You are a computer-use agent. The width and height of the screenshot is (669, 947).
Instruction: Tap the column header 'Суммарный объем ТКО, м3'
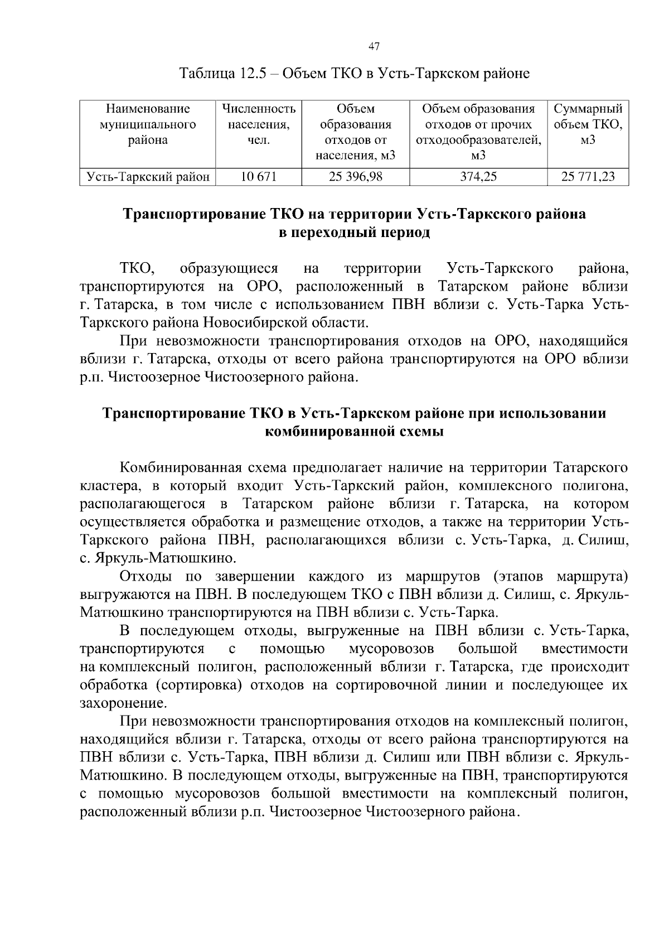click(x=588, y=124)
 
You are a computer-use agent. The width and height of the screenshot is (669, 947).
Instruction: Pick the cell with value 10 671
click(x=258, y=177)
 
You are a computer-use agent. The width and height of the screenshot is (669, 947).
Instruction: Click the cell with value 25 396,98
click(x=355, y=177)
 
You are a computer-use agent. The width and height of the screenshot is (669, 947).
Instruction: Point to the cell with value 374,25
click(x=478, y=177)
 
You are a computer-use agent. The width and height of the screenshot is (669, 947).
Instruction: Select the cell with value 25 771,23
click(x=588, y=177)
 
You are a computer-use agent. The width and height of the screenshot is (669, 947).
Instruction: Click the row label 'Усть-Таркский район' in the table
click(x=148, y=177)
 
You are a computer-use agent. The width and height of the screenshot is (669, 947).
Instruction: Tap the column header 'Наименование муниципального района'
click(x=148, y=124)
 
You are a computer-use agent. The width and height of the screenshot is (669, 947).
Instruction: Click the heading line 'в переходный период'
click(x=354, y=233)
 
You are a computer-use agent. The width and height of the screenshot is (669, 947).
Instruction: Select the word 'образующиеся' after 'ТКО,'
click(x=229, y=269)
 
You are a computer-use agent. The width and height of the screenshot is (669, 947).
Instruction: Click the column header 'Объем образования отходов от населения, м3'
click(x=355, y=132)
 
